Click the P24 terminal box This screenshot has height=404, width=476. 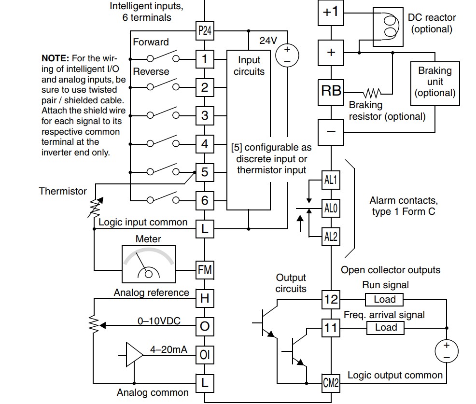[205, 31]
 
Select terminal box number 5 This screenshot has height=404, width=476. [205, 172]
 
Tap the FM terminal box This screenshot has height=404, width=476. [205, 270]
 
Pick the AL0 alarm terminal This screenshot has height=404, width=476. [331, 208]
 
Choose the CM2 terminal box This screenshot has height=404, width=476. [331, 383]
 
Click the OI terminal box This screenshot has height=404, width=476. [205, 355]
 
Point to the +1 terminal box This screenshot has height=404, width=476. [331, 13]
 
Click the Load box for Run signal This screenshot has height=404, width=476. [384, 300]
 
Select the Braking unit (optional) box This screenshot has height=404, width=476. [435, 84]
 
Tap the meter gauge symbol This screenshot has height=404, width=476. [148, 264]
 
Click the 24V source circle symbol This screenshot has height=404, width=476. [287, 56]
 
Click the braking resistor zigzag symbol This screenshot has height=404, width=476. [372, 93]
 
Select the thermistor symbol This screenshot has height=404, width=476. [96, 207]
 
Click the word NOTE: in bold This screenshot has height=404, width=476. [56, 58]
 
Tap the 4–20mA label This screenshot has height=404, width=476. [168, 349]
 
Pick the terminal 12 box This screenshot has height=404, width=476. [331, 300]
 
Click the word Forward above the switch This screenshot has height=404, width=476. [151, 42]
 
